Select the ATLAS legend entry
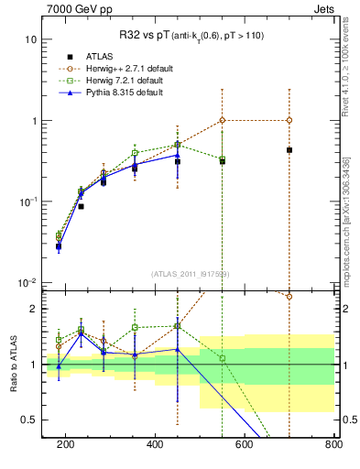(96, 54)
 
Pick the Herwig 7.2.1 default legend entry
(115, 80)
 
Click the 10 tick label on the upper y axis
(30, 40)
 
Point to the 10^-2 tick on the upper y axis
(28, 282)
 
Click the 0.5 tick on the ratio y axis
(29, 420)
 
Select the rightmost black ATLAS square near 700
(289, 150)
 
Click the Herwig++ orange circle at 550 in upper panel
(223, 120)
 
